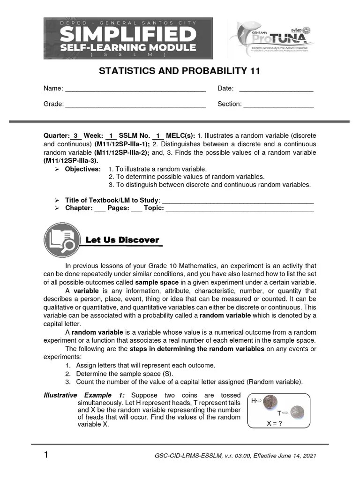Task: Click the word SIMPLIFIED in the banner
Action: (x=128, y=34)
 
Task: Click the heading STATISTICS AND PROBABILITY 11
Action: (x=179, y=71)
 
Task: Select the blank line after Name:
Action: (x=135, y=90)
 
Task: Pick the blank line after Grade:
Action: (x=135, y=105)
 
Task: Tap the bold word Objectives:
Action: (x=82, y=169)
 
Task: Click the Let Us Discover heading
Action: (x=122, y=240)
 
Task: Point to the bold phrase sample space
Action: (x=157, y=283)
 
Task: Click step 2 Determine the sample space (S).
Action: (x=124, y=374)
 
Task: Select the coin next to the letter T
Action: (x=296, y=412)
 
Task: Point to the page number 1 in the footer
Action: (x=46, y=455)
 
